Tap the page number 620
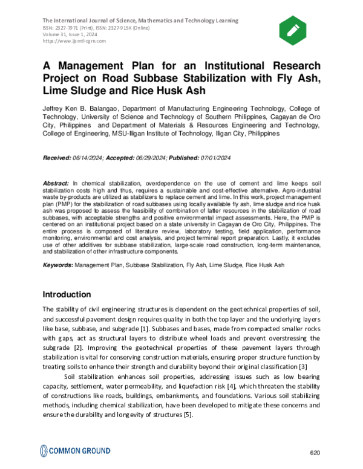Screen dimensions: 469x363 pos(314,453)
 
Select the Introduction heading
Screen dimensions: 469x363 pos(67,294)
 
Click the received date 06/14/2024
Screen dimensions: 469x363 pos(88,157)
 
